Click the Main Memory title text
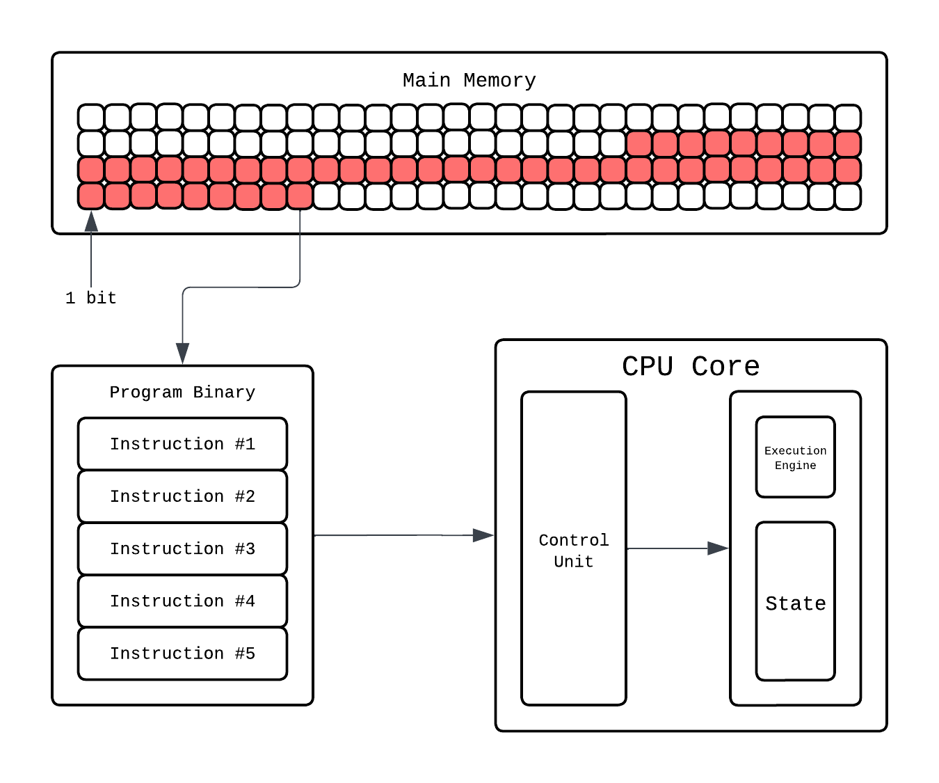[x=469, y=81]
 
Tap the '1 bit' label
[x=90, y=298]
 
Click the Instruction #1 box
[x=182, y=444]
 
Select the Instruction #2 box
[x=182, y=496]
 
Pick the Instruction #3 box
[x=182, y=548]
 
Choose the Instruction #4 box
[x=182, y=601]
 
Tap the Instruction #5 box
[x=182, y=654]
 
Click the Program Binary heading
[x=182, y=393]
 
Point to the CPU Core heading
[x=690, y=366]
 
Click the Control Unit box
[x=573, y=550]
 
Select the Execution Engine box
[x=795, y=457]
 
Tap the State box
[x=795, y=603]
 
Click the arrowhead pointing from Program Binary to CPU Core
[x=484, y=535]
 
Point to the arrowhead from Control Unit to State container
[x=719, y=548]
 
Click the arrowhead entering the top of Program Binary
[x=182, y=354]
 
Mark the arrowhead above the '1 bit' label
[x=91, y=221]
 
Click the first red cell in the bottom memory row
[x=91, y=196]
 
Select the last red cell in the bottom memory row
[x=300, y=196]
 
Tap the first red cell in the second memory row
[x=639, y=144]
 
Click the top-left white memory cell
[x=91, y=118]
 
